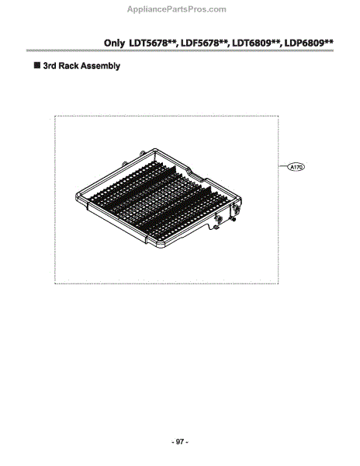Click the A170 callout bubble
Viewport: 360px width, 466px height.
[296, 167]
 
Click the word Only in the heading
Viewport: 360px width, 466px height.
[114, 43]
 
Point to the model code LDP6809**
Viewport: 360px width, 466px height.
[308, 43]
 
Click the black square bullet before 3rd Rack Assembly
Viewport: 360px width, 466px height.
[37, 65]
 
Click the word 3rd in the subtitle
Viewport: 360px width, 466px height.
[50, 66]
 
